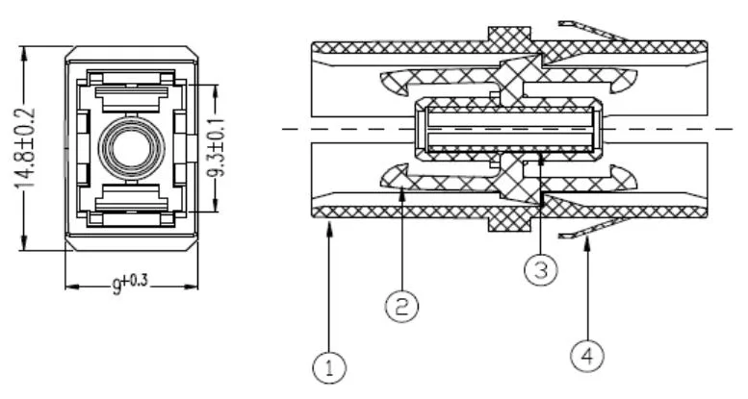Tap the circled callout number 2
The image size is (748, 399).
[401, 308]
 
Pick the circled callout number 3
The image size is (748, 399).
[541, 270]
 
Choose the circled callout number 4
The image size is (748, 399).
[587, 357]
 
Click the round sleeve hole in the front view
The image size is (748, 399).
[131, 150]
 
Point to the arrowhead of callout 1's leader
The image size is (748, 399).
[330, 222]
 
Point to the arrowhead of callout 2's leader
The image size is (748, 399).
[402, 191]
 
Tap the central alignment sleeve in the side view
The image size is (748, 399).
[509, 129]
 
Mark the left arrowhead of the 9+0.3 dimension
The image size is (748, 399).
[68, 286]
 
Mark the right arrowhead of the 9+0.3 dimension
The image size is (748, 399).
[194, 286]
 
